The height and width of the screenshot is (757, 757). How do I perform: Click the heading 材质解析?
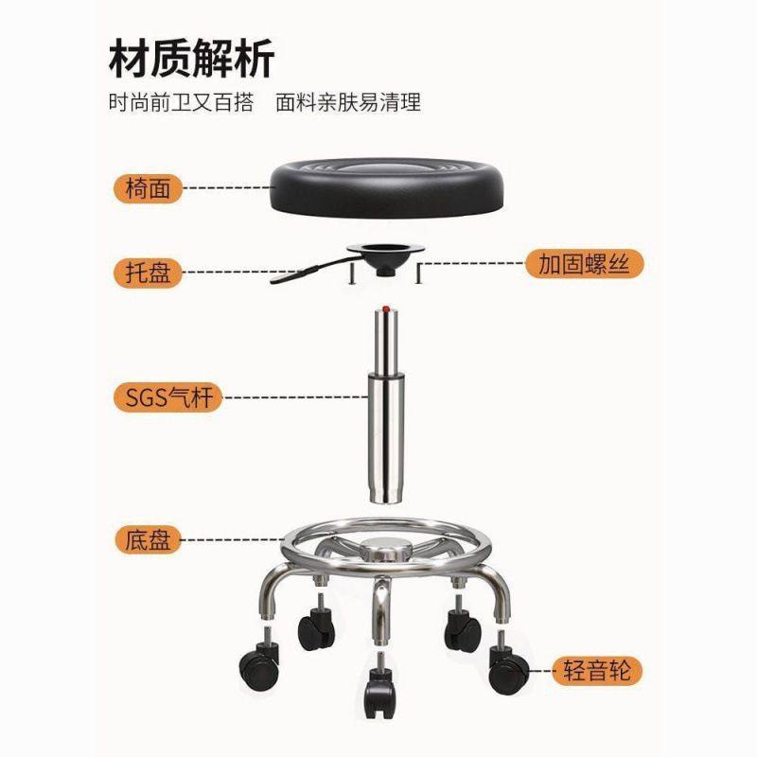(x=191, y=59)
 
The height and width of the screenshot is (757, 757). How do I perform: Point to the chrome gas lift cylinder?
(x=386, y=407)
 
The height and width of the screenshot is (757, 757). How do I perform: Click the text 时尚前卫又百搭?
(x=180, y=102)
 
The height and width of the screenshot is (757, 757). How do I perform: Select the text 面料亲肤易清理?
(x=348, y=102)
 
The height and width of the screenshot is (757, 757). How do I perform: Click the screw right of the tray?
(x=417, y=275)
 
